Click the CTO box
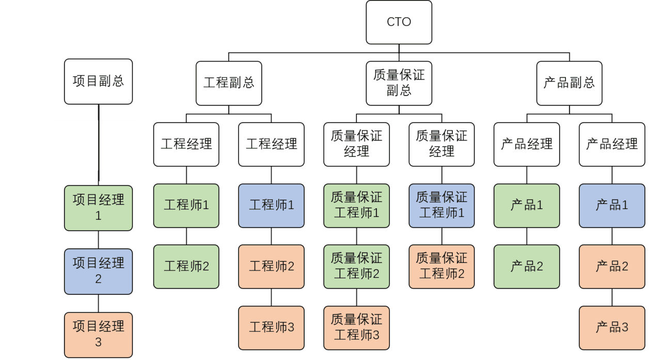pyautogui.click(x=399, y=22)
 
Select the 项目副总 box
pyautogui.click(x=98, y=82)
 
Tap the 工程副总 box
pyautogui.click(x=229, y=83)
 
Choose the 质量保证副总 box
pyautogui.click(x=399, y=83)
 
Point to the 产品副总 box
pyautogui.click(x=569, y=83)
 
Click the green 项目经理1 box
pyautogui.click(x=98, y=208)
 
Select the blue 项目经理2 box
pyautogui.click(x=98, y=271)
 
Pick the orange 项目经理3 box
pyautogui.click(x=98, y=334)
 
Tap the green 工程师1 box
pyautogui.click(x=186, y=205)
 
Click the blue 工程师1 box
pyautogui.click(x=271, y=205)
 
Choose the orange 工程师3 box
pyautogui.click(x=271, y=327)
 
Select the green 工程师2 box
pyautogui.click(x=186, y=267)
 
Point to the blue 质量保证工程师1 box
pyautogui.click(x=441, y=205)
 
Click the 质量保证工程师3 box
pyautogui.click(x=356, y=327)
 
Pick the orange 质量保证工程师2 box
pyautogui.click(x=441, y=267)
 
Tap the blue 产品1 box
pyautogui.click(x=611, y=205)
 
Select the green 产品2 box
pyautogui.click(x=526, y=267)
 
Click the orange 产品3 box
pyautogui.click(x=611, y=327)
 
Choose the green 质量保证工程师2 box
pyautogui.click(x=356, y=267)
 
